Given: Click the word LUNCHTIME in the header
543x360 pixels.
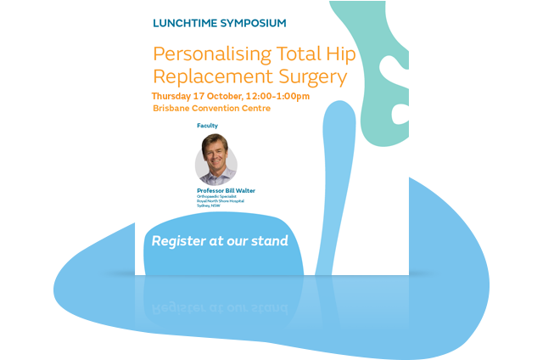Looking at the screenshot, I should [x=183, y=23].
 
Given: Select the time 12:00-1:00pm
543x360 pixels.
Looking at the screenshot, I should [x=277, y=96].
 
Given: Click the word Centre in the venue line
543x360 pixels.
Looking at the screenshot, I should [x=254, y=109].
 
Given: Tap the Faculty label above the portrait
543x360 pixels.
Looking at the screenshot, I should [x=208, y=126].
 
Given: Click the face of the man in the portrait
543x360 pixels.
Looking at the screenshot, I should [x=216, y=155].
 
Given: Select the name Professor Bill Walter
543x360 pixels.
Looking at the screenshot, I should [x=226, y=190].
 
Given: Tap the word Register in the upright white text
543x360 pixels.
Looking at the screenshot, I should [x=179, y=241].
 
